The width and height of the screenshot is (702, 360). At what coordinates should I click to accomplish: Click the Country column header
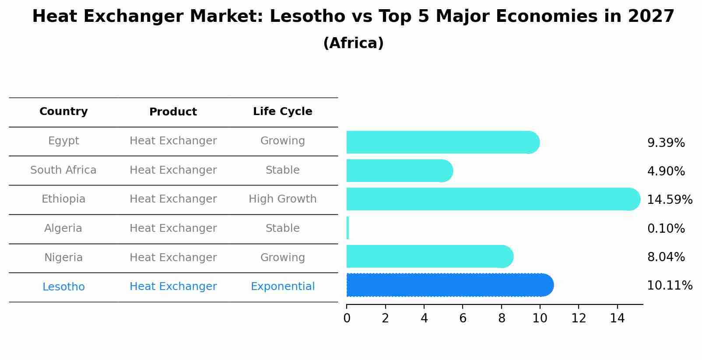(x=63, y=112)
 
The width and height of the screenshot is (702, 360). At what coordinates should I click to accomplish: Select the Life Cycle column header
(x=283, y=112)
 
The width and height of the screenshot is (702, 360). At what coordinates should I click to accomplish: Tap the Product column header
(x=173, y=112)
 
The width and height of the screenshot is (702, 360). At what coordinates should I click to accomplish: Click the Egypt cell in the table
(x=63, y=141)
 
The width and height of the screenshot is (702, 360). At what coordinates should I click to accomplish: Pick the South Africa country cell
(x=63, y=170)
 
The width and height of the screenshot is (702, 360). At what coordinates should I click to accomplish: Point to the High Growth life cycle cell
(x=283, y=199)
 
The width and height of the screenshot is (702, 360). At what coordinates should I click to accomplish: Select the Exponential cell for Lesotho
(x=283, y=287)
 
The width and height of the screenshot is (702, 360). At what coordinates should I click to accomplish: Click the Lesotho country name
(x=63, y=287)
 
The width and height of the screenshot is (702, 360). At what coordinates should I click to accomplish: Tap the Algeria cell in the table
(x=63, y=228)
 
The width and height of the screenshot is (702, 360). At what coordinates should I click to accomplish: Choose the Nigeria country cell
(x=63, y=257)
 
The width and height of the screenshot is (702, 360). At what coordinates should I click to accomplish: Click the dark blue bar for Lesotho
(x=450, y=285)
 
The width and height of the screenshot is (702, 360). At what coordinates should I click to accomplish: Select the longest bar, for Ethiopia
(x=493, y=199)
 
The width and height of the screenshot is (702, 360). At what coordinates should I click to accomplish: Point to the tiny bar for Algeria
(x=347, y=228)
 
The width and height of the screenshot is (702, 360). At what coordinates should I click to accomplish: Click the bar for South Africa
(x=400, y=171)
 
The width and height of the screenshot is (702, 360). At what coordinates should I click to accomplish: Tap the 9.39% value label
(x=666, y=143)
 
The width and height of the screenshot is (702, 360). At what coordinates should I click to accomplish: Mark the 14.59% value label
(x=670, y=199)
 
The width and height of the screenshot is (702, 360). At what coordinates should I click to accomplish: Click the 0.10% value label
(x=666, y=228)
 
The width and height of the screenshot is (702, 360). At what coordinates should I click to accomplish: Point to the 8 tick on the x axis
(x=502, y=318)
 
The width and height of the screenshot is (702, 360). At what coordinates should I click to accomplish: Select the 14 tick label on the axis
(x=617, y=318)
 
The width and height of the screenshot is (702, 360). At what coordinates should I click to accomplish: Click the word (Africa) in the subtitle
(x=353, y=43)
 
